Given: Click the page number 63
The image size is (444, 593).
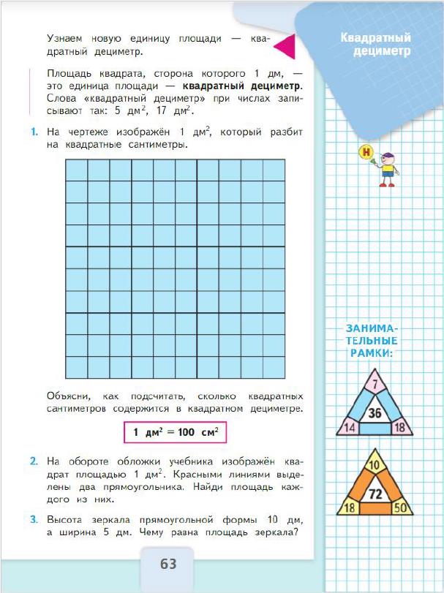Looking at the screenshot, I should tap(168, 564).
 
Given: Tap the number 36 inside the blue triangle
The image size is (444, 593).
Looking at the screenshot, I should tap(375, 414).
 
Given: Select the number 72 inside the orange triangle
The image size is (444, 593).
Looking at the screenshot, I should tap(375, 494).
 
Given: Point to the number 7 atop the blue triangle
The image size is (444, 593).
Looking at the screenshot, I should tap(375, 382).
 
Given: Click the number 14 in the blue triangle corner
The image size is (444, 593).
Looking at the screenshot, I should tap(350, 427).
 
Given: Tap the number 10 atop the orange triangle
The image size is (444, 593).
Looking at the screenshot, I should tap(375, 463).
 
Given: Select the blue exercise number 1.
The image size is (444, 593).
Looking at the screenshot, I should tap(34, 132).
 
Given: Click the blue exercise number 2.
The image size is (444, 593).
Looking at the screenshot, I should tap(34, 461).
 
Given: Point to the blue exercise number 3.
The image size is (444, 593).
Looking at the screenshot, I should tap(34, 519).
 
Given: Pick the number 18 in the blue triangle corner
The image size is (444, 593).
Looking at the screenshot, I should tap(399, 427).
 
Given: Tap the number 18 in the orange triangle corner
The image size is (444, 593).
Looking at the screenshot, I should tap(350, 507).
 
